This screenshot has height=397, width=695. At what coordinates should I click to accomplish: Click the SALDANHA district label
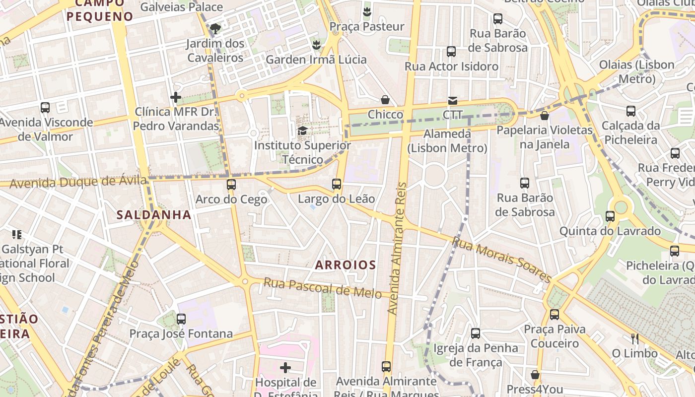(x=153, y=215)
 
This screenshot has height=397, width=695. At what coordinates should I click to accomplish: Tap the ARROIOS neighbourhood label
(x=346, y=265)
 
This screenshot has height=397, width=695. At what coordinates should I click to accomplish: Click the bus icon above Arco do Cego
(x=231, y=185)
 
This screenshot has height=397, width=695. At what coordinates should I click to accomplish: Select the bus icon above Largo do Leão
(x=337, y=184)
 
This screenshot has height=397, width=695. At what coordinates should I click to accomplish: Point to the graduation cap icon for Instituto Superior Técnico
(x=302, y=131)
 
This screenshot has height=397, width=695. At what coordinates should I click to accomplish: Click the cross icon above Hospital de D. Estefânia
(x=285, y=368)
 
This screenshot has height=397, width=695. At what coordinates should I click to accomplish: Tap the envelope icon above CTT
(x=453, y=101)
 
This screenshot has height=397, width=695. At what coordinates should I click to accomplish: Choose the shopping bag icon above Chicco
(x=385, y=100)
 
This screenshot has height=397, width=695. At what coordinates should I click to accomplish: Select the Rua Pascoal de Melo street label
(x=323, y=288)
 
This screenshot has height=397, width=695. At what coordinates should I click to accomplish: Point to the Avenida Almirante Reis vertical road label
(x=398, y=248)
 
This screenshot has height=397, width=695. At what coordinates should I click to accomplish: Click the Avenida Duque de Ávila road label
(x=78, y=182)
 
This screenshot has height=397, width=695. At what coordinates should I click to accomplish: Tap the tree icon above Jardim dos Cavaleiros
(x=215, y=28)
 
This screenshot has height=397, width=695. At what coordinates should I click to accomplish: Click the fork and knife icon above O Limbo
(x=634, y=339)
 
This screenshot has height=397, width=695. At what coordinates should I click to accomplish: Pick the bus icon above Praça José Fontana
(x=181, y=319)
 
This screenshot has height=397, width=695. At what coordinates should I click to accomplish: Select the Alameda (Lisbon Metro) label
(x=447, y=141)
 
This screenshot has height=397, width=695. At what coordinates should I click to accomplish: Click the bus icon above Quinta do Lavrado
(x=610, y=216)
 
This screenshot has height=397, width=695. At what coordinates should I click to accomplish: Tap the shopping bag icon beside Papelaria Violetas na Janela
(x=545, y=116)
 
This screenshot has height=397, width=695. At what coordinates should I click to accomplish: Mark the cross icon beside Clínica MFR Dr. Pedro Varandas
(x=176, y=97)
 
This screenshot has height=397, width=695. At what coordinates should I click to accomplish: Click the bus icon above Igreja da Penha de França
(x=476, y=333)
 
